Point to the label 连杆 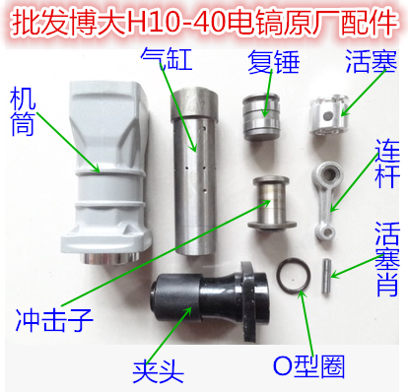point(389,163)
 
